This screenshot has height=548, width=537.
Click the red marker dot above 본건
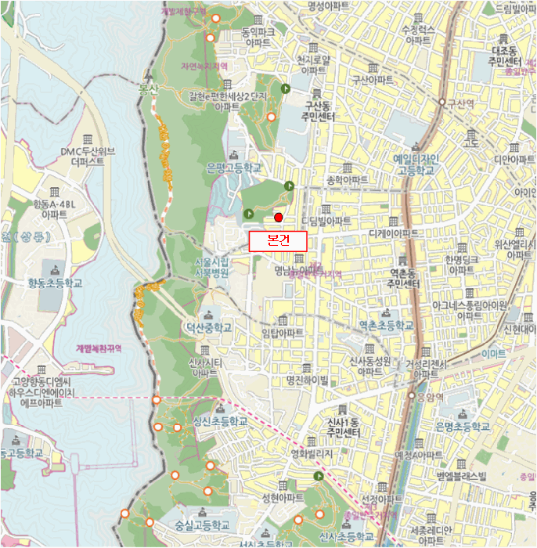277,217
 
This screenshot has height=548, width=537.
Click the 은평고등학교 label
232,168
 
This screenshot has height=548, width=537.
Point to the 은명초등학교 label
462,427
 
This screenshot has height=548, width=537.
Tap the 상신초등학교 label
220,421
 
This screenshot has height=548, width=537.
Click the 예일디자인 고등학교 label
413,164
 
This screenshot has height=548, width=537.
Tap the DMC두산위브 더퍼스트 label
92,157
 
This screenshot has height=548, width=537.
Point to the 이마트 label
493,354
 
